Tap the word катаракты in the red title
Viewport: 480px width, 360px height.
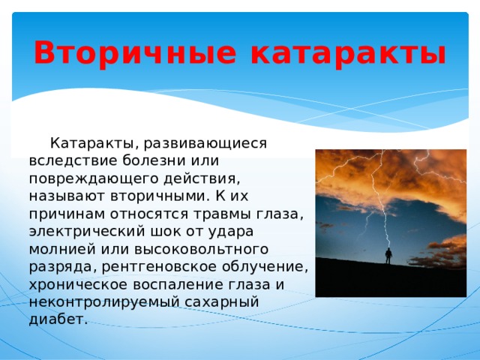tap(347, 53)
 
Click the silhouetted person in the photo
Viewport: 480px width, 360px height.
tap(388, 255)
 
